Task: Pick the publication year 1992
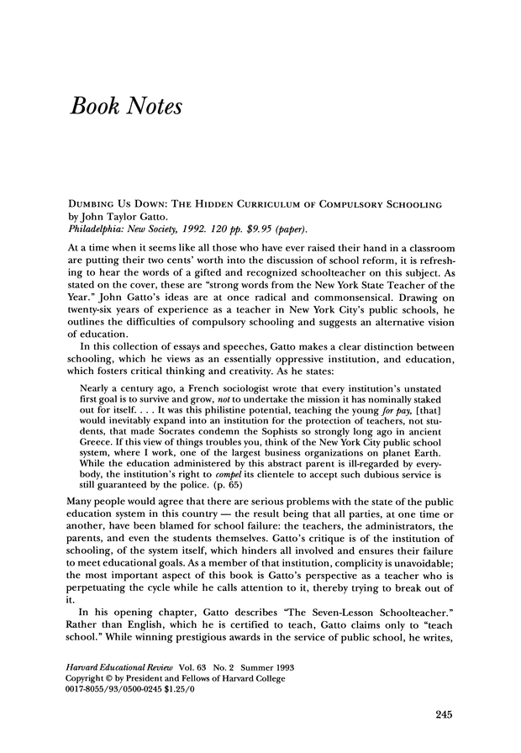pyautogui.click(x=179, y=229)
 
